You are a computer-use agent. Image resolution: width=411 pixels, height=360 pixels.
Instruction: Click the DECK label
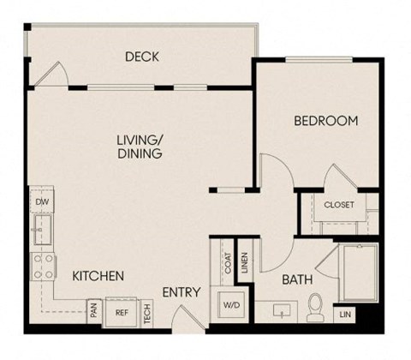[x=141, y=57]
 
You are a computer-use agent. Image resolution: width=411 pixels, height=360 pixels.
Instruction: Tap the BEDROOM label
[x=325, y=121]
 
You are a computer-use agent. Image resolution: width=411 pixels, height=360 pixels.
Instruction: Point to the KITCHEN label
[x=98, y=276]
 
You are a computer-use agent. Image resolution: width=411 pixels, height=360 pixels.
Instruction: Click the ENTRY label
[x=180, y=293]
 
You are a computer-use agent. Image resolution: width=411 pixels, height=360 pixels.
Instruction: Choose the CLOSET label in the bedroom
[x=339, y=205]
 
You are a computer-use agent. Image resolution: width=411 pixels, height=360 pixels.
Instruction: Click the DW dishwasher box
[x=40, y=201]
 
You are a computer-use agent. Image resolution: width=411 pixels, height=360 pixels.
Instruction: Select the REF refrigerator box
[x=122, y=313]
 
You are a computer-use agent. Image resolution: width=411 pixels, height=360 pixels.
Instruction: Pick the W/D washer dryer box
[x=231, y=304]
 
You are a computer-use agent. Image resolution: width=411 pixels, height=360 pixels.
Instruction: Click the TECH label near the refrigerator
[x=147, y=313]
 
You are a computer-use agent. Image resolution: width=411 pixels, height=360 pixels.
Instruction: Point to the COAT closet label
[x=228, y=263]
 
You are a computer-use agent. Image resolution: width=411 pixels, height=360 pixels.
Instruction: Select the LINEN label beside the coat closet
[x=245, y=261]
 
